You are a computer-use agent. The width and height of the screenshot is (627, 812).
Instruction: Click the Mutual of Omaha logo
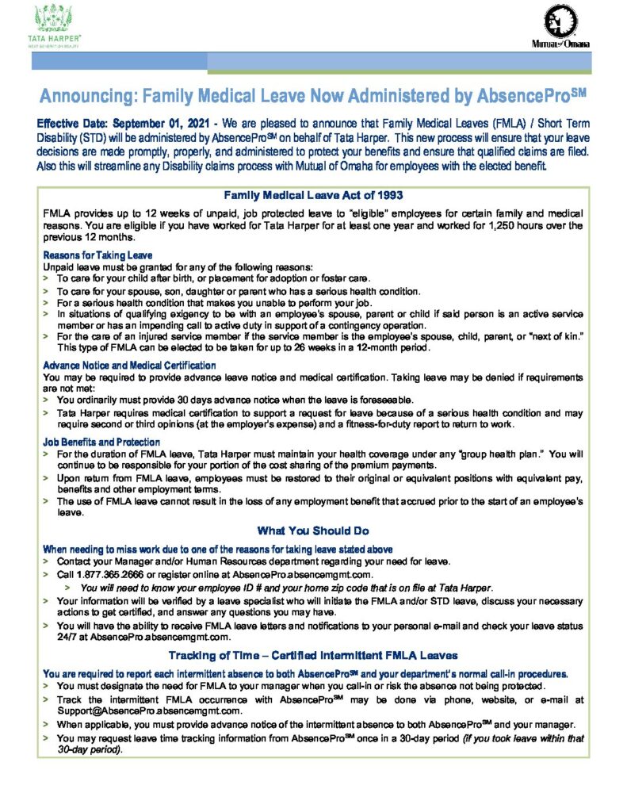[x=560, y=26]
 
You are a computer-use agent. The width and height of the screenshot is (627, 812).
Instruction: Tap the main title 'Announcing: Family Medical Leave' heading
[x=312, y=98]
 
